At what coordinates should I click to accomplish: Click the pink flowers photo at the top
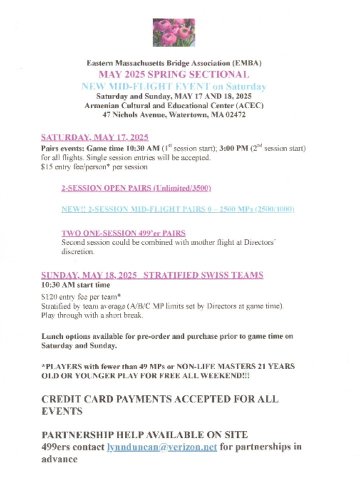173,32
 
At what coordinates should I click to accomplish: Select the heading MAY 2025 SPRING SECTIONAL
173,75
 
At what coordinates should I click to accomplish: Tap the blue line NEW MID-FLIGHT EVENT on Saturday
173,86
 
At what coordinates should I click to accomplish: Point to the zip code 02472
233,115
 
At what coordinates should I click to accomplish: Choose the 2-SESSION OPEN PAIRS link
136,188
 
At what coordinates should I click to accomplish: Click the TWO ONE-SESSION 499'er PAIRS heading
123,233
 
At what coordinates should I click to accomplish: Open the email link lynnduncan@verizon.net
162,447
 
